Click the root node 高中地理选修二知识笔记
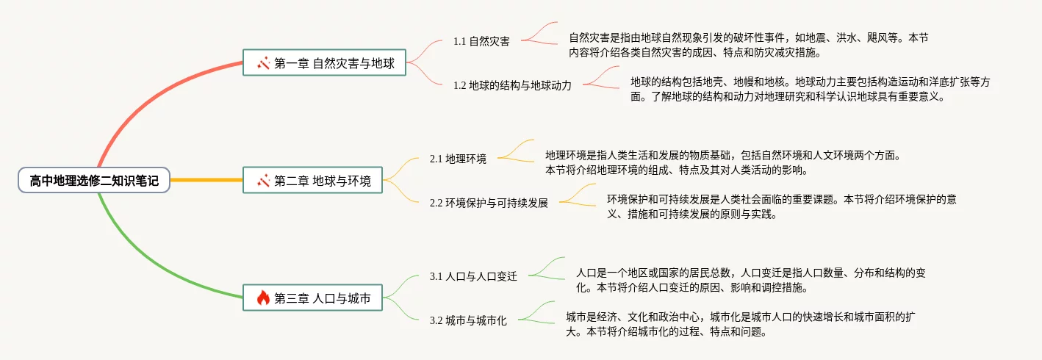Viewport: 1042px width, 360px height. (94, 180)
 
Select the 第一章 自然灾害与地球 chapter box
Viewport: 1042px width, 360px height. (324, 63)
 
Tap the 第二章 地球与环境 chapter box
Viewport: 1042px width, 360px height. (312, 180)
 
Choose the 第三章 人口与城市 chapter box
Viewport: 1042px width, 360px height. (312, 298)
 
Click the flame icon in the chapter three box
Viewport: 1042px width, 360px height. (263, 298)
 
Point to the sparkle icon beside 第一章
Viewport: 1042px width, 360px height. (264, 63)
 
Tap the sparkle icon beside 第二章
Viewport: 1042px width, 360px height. (264, 180)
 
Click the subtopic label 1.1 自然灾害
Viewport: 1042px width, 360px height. (481, 41)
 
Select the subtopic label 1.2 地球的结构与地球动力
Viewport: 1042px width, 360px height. (512, 85)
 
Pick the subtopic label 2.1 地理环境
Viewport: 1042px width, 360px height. (458, 159)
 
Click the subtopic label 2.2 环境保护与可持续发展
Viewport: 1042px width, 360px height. (489, 203)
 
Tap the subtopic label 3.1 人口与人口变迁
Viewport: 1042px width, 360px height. (473, 276)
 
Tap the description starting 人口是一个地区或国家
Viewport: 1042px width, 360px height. (750, 280)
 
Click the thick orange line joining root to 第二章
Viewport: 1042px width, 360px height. (206, 180)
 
